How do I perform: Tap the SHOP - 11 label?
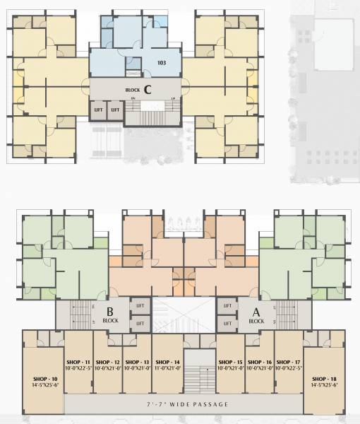point(78,361)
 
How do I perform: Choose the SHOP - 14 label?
point(167,361)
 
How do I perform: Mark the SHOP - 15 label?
point(230,361)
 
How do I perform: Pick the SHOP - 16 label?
point(259,361)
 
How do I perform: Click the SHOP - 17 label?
point(288,361)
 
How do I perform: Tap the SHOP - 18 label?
point(323,379)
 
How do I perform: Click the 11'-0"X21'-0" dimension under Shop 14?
point(167,368)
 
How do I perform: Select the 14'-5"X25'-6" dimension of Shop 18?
point(323,386)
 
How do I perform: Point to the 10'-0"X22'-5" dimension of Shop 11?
point(78,368)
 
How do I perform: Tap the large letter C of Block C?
point(148,89)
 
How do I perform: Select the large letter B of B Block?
point(110,311)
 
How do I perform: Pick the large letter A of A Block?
point(256,311)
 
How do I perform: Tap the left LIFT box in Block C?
point(99,110)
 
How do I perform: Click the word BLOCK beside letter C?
point(132,90)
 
